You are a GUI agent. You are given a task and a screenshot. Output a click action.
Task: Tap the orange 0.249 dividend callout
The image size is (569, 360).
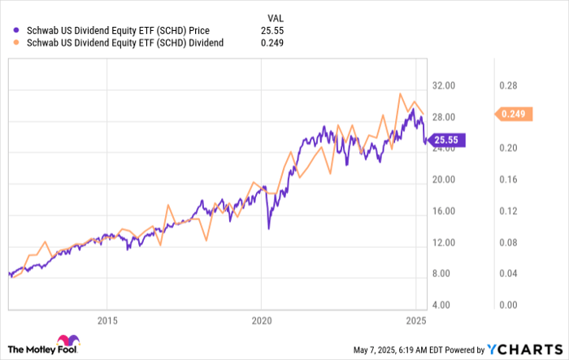(x=514, y=115)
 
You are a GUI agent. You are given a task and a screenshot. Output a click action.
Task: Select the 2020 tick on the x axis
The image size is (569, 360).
(x=260, y=319)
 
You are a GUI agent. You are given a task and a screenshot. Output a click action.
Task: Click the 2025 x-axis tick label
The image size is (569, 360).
(x=415, y=319)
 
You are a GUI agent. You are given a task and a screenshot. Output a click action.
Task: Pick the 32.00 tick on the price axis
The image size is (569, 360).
(x=444, y=85)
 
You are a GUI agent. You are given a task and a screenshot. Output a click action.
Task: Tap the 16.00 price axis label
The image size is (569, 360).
(x=444, y=211)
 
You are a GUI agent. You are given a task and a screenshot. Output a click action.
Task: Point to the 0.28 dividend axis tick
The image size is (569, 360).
(x=509, y=85)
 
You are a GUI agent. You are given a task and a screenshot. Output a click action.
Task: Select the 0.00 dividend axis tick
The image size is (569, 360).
(x=509, y=305)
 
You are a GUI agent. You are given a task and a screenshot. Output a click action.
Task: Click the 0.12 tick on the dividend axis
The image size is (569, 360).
(x=509, y=211)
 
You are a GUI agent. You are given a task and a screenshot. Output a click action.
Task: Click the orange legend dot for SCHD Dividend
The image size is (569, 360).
(x=12, y=42)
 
